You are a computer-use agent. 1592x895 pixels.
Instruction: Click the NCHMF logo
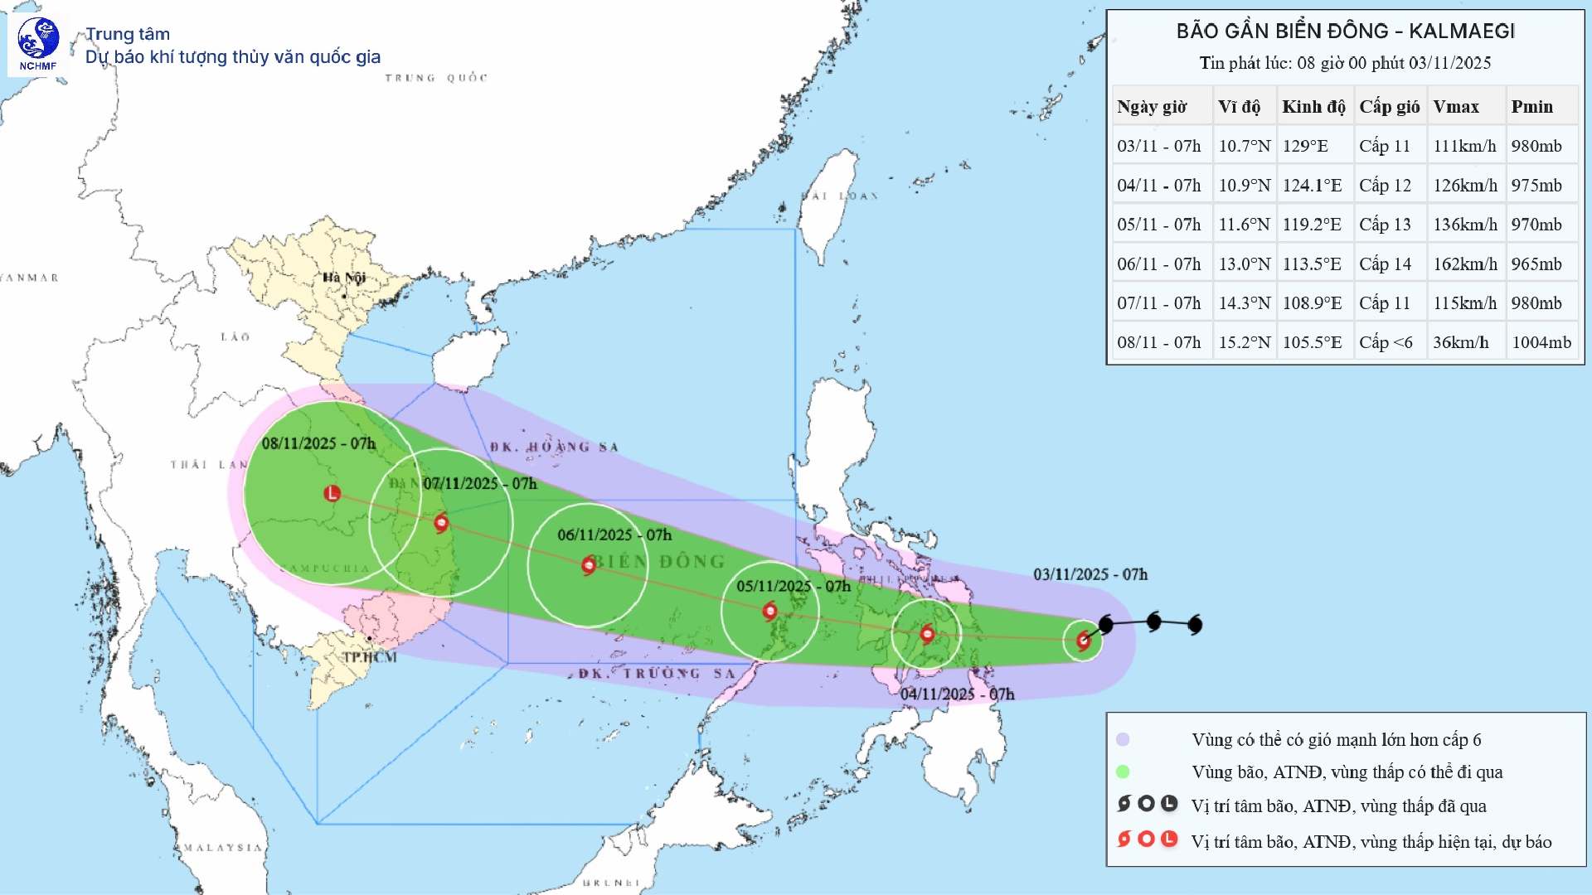coord(38,43)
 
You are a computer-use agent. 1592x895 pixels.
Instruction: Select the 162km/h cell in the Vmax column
coord(1465,264)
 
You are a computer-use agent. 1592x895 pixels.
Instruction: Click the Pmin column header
coord(1531,107)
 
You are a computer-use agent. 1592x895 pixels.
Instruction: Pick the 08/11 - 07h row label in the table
coord(1158,342)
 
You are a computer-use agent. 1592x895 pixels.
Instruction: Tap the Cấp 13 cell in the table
coord(1385,225)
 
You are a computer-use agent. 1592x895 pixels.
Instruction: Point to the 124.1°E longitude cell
coord(1312,186)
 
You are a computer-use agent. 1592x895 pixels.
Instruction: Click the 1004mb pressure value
coord(1541,342)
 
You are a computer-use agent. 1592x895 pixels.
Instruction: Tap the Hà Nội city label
coord(344,278)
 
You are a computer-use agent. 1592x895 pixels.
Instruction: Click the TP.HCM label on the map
coord(370,657)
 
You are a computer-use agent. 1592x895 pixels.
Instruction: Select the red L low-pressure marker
coord(332,493)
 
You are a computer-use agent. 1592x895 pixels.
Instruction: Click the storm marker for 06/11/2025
coord(589,565)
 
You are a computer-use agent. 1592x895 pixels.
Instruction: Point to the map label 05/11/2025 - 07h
coord(793,587)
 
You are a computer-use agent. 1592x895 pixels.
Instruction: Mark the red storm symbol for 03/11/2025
coord(1083,640)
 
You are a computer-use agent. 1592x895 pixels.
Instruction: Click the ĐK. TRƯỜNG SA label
coord(657,674)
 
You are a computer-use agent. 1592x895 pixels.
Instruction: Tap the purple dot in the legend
coord(1123,740)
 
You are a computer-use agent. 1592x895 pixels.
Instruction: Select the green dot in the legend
coord(1123,772)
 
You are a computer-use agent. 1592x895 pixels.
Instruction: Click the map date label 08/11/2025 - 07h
coord(318,444)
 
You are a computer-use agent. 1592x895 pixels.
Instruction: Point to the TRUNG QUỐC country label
coord(436,78)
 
